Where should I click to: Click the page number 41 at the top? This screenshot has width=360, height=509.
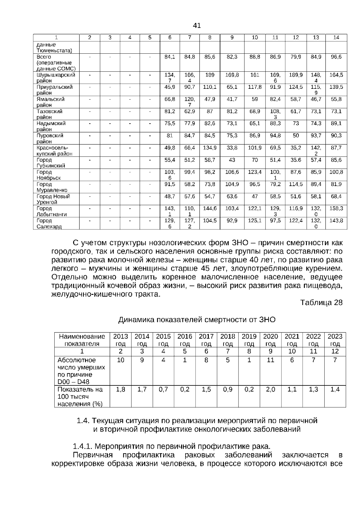197,25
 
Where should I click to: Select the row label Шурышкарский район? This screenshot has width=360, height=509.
56,78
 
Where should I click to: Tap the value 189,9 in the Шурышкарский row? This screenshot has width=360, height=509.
295,75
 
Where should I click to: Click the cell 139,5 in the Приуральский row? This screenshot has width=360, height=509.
336,87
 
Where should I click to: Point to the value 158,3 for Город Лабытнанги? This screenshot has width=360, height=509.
336,208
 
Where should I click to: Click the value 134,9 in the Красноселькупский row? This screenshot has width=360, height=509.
210,148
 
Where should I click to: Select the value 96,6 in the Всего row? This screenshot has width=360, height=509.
336,57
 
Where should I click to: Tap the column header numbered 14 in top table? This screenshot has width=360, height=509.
336,37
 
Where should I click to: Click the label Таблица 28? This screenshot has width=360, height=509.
321,303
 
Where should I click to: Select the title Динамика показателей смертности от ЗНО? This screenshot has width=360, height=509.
197,320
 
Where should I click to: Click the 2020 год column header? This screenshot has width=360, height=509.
270,340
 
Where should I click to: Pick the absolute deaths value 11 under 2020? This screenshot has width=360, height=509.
270,360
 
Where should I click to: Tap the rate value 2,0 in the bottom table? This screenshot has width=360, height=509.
270,389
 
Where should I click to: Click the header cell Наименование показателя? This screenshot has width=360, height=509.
82,340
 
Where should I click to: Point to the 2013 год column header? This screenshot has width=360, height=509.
120,340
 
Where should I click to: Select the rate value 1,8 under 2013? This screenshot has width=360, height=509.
120,389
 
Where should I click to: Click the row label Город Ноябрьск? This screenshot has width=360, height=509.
49,175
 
